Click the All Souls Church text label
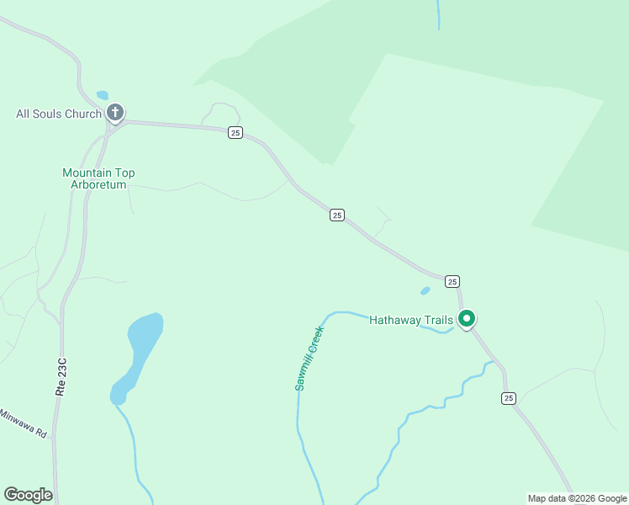[x=59, y=114]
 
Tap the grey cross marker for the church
[x=115, y=111]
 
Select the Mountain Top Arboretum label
[x=98, y=178]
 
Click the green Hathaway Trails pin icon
[x=467, y=319]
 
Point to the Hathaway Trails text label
[x=411, y=320]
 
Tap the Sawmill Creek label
[x=309, y=359]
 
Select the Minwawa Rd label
[x=23, y=423]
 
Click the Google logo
[x=28, y=495]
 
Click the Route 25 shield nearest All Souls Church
[x=235, y=132]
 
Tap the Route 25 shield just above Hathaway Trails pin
[x=452, y=281]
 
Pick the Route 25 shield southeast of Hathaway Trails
[x=508, y=398]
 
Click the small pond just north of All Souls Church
[x=103, y=95]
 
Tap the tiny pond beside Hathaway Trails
[x=425, y=291]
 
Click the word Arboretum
[x=98, y=184]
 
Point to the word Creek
[x=314, y=339]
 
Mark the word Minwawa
[x=17, y=420]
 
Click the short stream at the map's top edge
[x=438, y=14]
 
